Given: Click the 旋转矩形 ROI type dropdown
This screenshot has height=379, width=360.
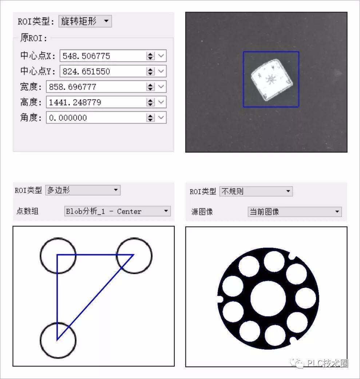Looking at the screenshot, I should click(85, 21).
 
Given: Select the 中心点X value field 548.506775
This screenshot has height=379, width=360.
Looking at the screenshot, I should click(102, 56).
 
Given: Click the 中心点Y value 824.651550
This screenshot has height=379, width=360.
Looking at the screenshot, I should click(102, 71).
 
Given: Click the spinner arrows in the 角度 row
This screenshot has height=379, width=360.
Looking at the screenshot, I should click(150, 118).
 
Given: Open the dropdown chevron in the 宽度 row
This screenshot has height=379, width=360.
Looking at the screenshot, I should click(161, 87).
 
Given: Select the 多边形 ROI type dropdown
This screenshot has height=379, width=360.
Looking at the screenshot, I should click(83, 190).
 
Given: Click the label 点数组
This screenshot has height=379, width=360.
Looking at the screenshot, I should click(27, 211).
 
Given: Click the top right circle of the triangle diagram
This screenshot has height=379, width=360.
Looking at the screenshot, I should click(134, 256).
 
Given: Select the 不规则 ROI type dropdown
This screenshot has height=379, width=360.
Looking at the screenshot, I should click(256, 191).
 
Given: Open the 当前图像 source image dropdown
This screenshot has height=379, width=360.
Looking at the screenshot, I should click(294, 212).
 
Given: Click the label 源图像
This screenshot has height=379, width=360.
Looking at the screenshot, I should click(202, 212).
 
